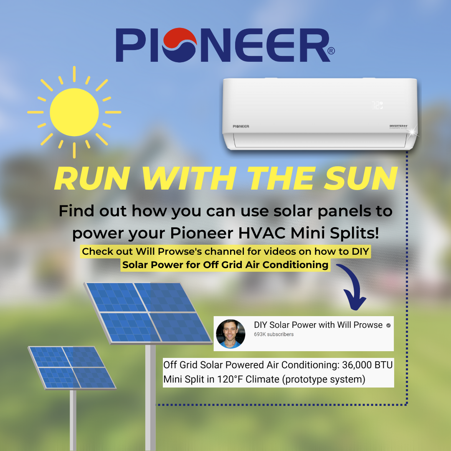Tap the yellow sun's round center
click(x=74, y=112)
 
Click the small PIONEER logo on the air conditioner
click(x=241, y=126)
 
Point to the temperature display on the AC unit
click(x=378, y=106)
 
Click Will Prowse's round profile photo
click(x=231, y=334)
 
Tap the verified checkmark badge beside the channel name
click(x=388, y=325)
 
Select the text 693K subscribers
click(x=274, y=334)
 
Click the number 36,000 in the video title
click(x=357, y=365)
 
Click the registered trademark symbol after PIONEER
click(x=331, y=51)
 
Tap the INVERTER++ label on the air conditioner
click(x=398, y=126)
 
